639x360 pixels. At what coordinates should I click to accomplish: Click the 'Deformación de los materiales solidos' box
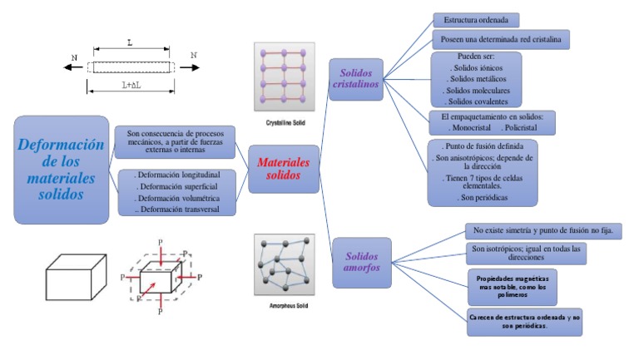[62, 170]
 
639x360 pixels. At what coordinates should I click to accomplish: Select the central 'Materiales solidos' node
[284, 169]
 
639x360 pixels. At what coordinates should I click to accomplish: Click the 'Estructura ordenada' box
[476, 20]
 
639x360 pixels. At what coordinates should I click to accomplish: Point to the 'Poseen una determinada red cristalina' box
[501, 39]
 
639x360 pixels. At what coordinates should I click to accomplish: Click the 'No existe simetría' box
[542, 230]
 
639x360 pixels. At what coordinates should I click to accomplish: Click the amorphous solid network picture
[284, 265]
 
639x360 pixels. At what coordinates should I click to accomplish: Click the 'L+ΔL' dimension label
[131, 85]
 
